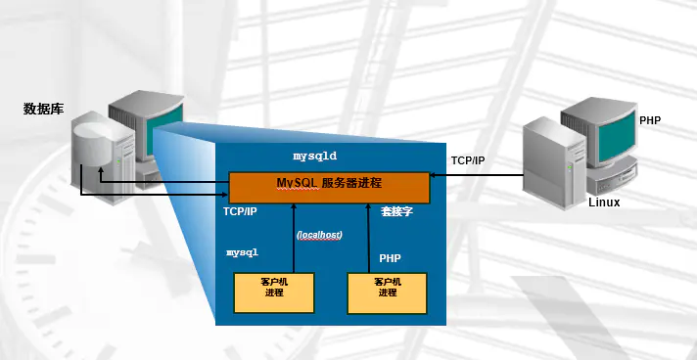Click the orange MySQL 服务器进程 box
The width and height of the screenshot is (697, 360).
coord(329,186)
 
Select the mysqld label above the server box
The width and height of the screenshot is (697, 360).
coord(315,156)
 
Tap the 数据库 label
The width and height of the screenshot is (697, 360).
coord(43,109)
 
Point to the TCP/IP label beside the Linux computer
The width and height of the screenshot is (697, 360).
coord(468,159)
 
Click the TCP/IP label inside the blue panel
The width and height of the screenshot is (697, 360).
coord(240,211)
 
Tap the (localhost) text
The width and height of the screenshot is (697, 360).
coord(318,236)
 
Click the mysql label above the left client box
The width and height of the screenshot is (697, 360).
coord(242,252)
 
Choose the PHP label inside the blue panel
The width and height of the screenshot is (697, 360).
coord(391,259)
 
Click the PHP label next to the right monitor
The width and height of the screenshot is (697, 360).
coord(650,119)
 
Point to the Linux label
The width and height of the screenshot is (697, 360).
coord(604,202)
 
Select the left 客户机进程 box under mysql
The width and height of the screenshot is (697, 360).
coord(273,292)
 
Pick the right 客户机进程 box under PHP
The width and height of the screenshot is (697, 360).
coord(388,292)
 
